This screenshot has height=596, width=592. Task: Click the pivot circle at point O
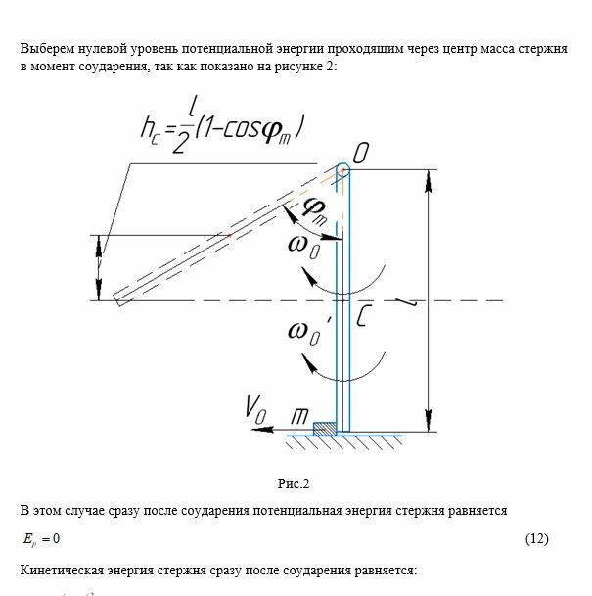click(342, 170)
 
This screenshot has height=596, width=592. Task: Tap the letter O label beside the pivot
click(362, 154)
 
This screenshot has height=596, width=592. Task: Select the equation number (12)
click(536, 539)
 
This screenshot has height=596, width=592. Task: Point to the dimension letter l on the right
click(446, 305)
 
